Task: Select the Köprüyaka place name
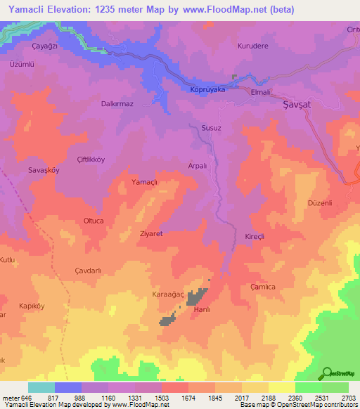207,90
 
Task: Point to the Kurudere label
253,46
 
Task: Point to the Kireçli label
253,237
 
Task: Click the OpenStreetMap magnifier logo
327,373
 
